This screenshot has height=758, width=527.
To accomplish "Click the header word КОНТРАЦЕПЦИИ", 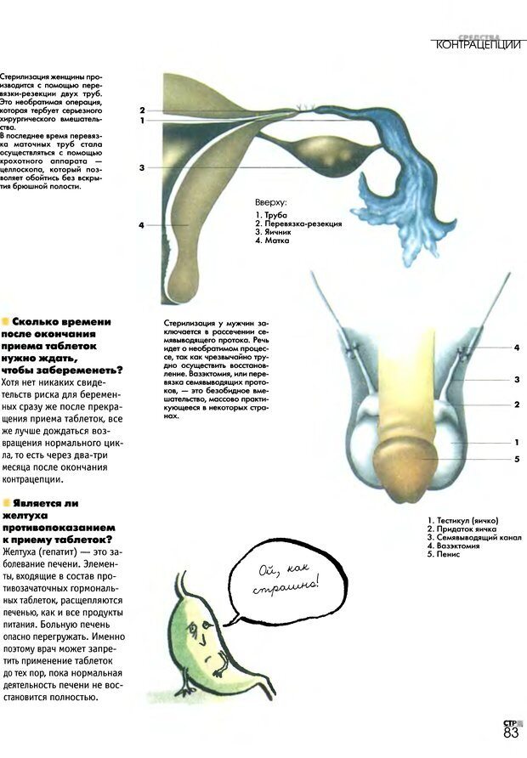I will pyautogui.click(x=477, y=45).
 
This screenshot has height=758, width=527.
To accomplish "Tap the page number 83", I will pyautogui.click(x=511, y=733).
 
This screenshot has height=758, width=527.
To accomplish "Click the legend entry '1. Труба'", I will pyautogui.click(x=271, y=216).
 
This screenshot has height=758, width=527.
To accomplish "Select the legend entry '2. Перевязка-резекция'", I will pyautogui.click(x=298, y=224).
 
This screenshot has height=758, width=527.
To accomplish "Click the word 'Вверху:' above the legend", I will pyautogui.click(x=271, y=203).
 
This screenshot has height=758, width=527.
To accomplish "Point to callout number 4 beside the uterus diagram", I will pyautogui.click(x=142, y=225).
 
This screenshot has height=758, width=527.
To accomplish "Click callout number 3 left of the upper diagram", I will pyautogui.click(x=142, y=167).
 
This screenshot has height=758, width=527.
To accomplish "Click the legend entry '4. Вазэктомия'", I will pyautogui.click(x=459, y=546).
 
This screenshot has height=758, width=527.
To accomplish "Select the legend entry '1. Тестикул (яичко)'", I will pyautogui.click(x=463, y=520).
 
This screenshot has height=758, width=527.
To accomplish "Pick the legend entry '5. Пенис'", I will pyautogui.click(x=449, y=555).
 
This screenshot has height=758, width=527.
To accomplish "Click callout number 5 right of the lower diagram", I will pyautogui.click(x=516, y=460).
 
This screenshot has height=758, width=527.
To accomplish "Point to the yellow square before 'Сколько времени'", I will pyautogui.click(x=6, y=321).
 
